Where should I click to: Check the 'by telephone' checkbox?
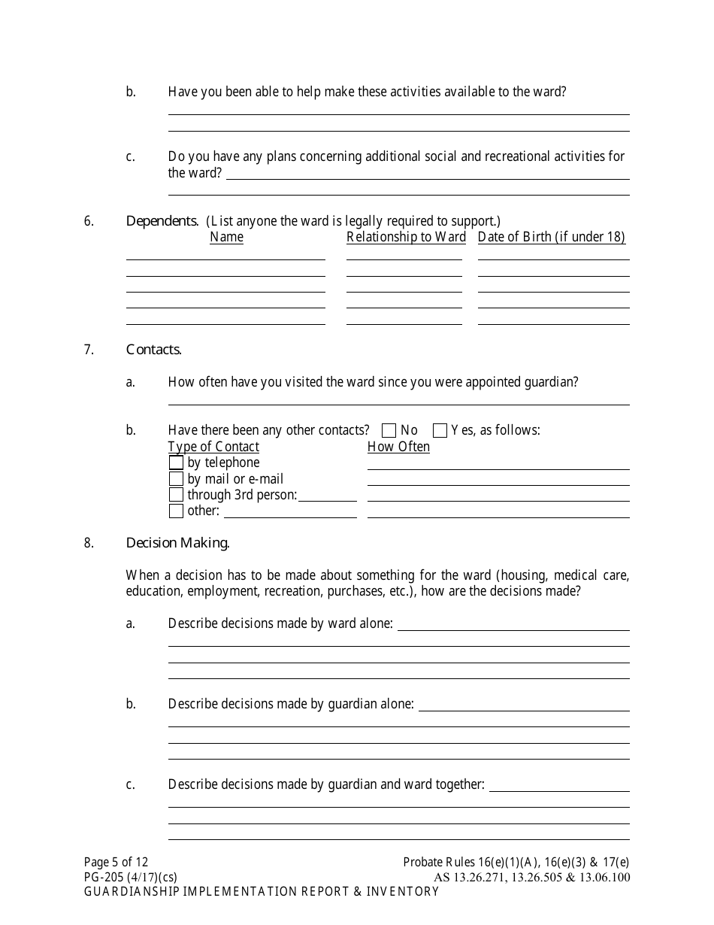click(x=176, y=462)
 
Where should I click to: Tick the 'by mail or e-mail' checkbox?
click(x=176, y=479)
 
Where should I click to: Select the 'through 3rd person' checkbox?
click(x=176, y=495)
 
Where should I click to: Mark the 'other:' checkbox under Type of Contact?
click(x=176, y=511)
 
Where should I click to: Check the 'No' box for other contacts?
click(x=389, y=431)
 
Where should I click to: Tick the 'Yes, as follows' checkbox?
click(x=440, y=431)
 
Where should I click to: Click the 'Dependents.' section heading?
click(x=162, y=221)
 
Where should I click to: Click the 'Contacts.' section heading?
click(x=154, y=350)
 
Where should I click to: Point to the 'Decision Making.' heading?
click(x=178, y=543)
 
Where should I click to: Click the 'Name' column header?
click(x=226, y=238)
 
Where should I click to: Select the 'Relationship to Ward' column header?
click(x=406, y=238)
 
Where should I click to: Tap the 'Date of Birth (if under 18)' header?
click(x=552, y=238)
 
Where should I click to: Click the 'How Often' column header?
click(x=398, y=447)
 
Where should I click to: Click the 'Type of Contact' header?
click(x=213, y=447)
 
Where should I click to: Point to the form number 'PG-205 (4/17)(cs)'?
click(x=131, y=877)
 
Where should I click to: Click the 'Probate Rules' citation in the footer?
click(x=516, y=863)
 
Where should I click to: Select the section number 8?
click(x=89, y=543)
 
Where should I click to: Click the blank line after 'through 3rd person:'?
click(x=328, y=499)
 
